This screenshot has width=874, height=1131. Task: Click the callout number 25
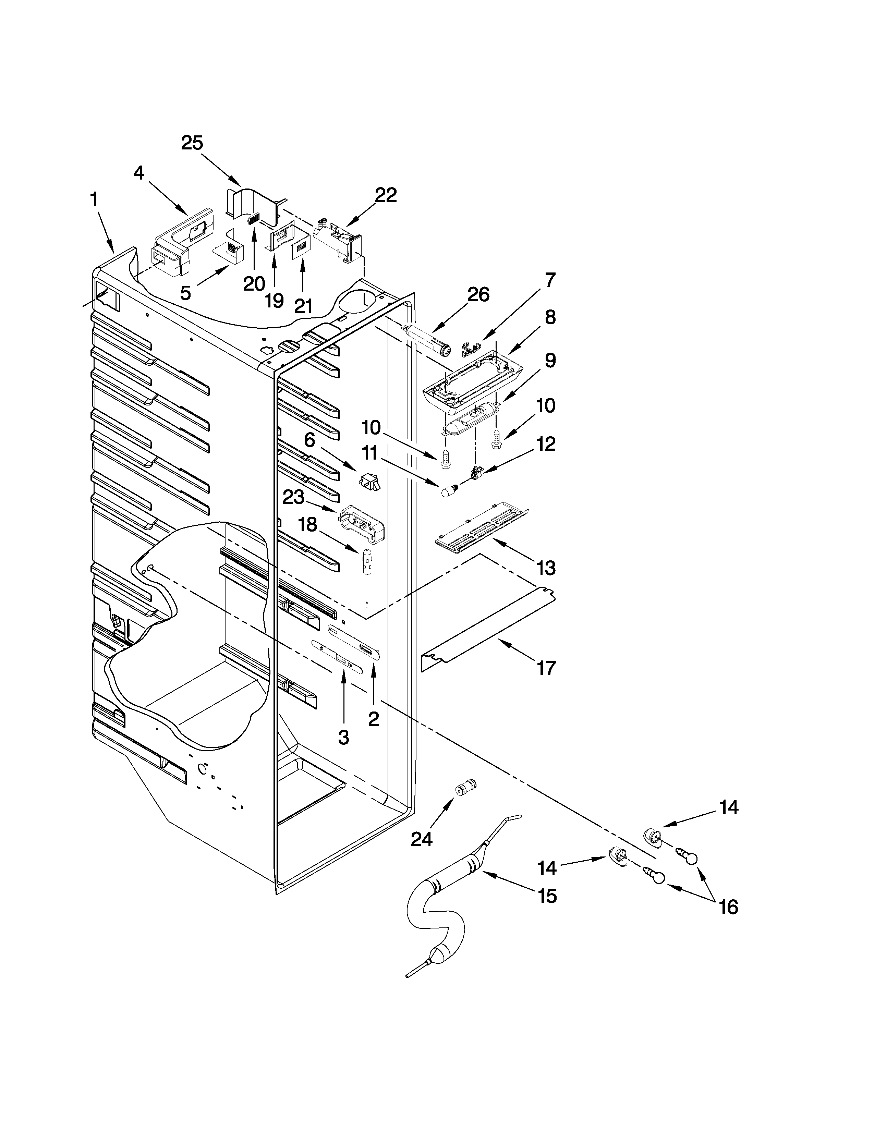point(192,143)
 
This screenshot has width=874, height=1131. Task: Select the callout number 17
point(546,668)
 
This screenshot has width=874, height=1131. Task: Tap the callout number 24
point(422,839)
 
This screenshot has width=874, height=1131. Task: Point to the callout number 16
point(729,907)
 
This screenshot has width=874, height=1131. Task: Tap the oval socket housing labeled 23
point(362,524)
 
